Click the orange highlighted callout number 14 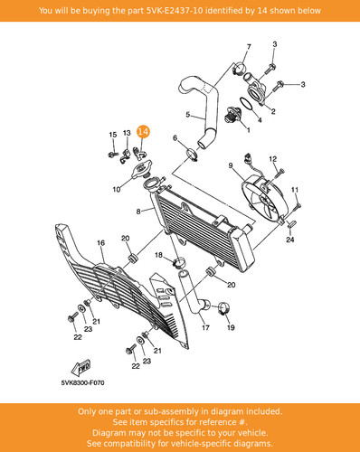pos(143,132)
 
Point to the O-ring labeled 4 pos(247,104)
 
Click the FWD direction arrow pos(81,368)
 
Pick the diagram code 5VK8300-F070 pos(83,383)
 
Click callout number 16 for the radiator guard pos(100,243)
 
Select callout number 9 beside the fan pos(231,165)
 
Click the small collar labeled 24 pos(291,225)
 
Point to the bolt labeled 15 pos(113,155)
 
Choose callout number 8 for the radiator pos(138,212)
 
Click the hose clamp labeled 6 pos(193,155)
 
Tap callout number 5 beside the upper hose pos(188,115)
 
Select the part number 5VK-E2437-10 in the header pos(175,11)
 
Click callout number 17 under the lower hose pos(205,327)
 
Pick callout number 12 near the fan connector pos(273,158)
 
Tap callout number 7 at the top pos(249,47)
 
